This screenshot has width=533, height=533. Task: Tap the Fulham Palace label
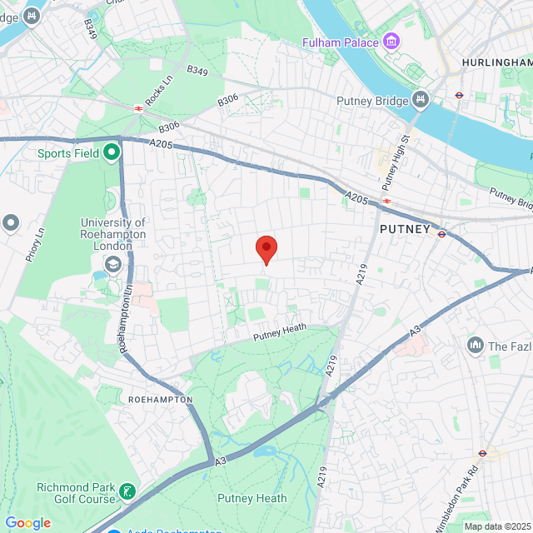click(x=342, y=42)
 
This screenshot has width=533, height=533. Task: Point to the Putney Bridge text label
click(x=372, y=101)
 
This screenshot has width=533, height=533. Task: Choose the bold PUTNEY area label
click(x=405, y=228)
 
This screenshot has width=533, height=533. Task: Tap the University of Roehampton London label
click(x=113, y=234)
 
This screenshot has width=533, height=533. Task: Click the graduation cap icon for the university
click(x=112, y=264)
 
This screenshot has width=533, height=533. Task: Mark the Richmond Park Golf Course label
click(x=75, y=493)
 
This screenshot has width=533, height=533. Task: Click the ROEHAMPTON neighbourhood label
click(x=161, y=400)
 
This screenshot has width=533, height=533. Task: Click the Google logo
click(x=27, y=523)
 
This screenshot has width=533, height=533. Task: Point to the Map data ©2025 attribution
click(x=496, y=526)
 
